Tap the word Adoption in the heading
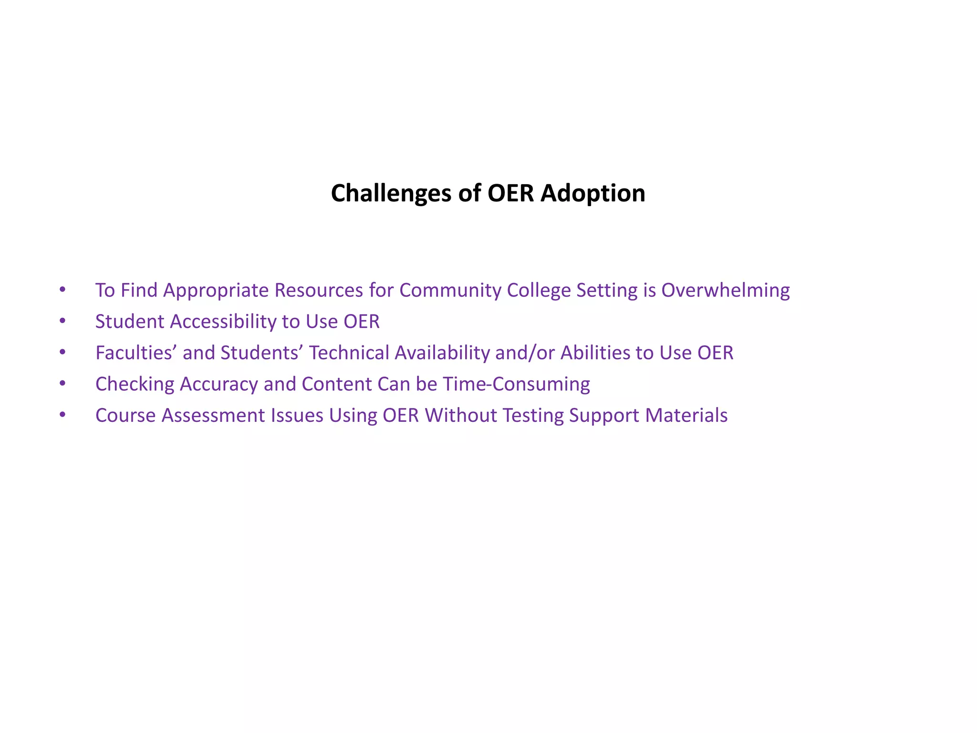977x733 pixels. pyautogui.click(x=592, y=194)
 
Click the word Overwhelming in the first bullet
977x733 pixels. pyautogui.click(x=725, y=291)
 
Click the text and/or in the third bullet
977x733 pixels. pyautogui.click(x=525, y=353)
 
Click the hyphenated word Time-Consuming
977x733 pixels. pyautogui.click(x=516, y=384)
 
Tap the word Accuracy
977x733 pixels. pyautogui.click(x=219, y=384)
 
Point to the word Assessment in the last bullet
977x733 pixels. pyautogui.click(x=213, y=416)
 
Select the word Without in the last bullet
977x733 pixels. pyautogui.click(x=461, y=416)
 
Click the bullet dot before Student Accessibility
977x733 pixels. pyautogui.click(x=62, y=321)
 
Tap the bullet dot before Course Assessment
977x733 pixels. pyautogui.click(x=62, y=415)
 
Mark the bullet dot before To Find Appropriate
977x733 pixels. pyautogui.click(x=62, y=290)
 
